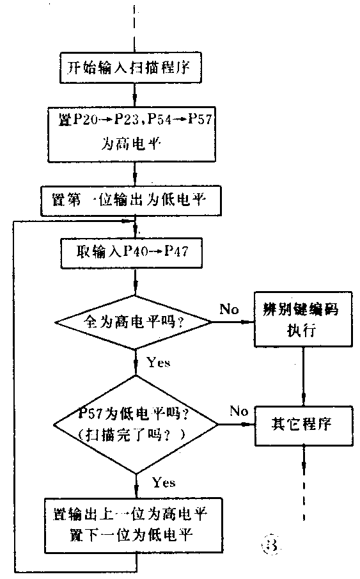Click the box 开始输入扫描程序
[135, 67]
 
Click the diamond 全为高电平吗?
[134, 321]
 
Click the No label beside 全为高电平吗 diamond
[229, 310]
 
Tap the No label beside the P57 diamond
[239, 410]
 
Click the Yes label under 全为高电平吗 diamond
[158, 363]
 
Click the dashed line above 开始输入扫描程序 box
[135, 26]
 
